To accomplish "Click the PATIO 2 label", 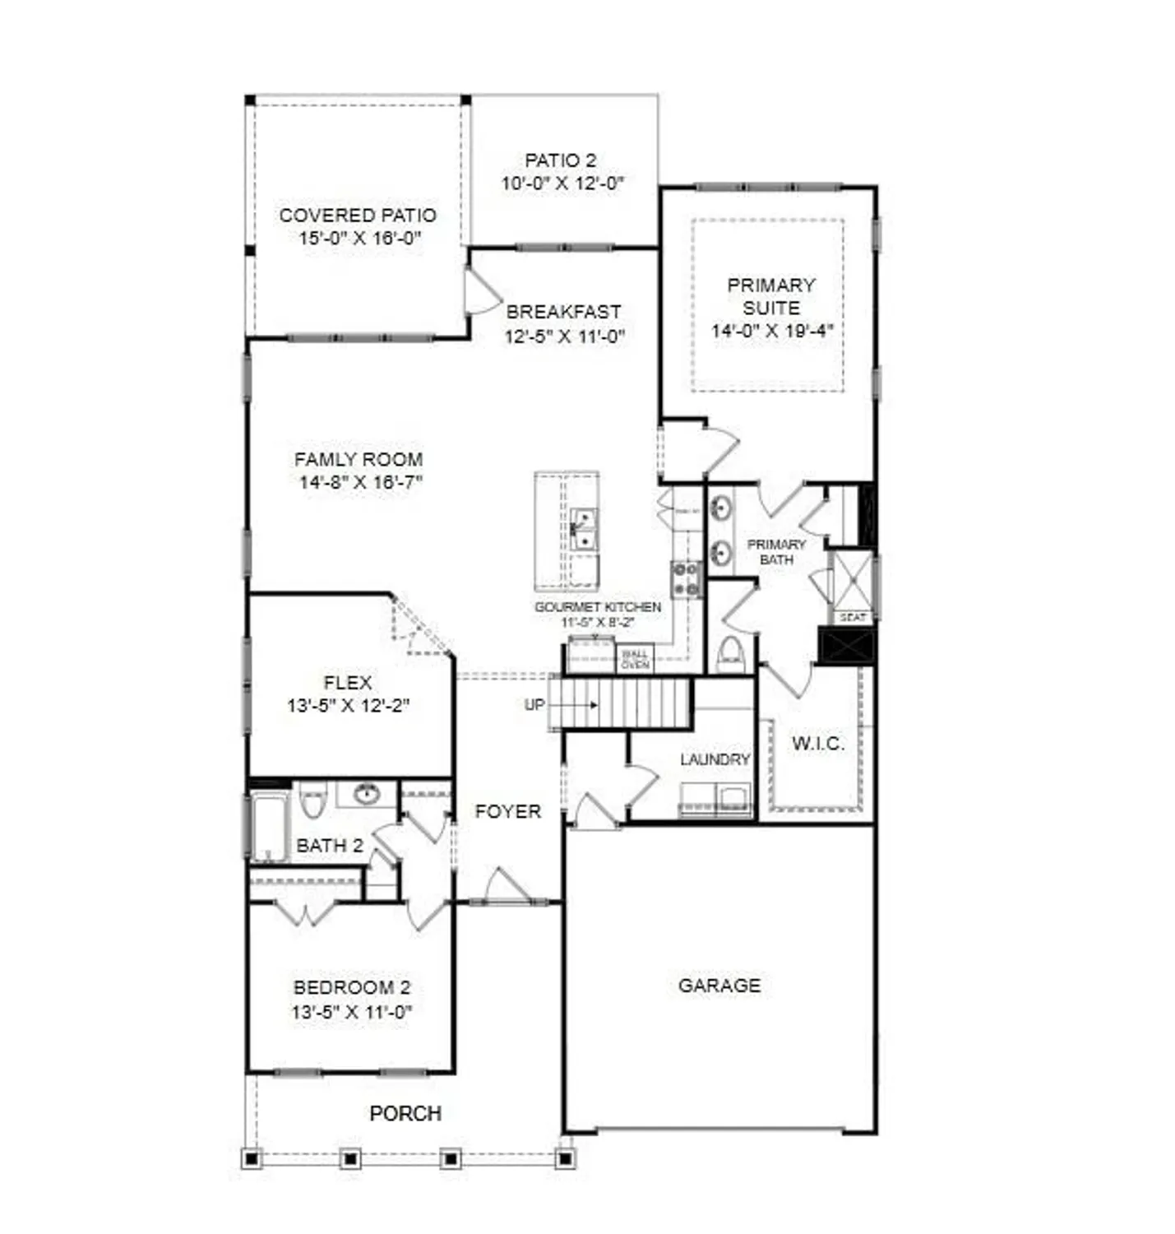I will click(560, 160).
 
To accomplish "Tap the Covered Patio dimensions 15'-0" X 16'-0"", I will click(359, 239).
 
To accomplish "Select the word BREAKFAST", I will click(563, 312).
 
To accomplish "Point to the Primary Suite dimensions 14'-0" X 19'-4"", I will click(771, 331).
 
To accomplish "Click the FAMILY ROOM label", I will click(359, 459).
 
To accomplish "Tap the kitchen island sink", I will click(583, 530).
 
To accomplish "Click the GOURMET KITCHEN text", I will click(597, 607).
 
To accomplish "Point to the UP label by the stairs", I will click(534, 705).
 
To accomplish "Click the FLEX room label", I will click(348, 683).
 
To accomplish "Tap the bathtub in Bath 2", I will click(269, 826).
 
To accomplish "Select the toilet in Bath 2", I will click(312, 800).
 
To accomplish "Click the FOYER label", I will click(507, 812).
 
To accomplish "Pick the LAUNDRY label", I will click(715, 759).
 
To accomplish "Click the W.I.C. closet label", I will click(817, 744).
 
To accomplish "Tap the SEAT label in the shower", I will click(853, 617).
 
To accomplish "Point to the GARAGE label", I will click(719, 986).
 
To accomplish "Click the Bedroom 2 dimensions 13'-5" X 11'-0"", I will click(351, 1012).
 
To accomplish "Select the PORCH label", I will click(405, 1113).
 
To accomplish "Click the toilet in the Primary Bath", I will click(730, 654).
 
